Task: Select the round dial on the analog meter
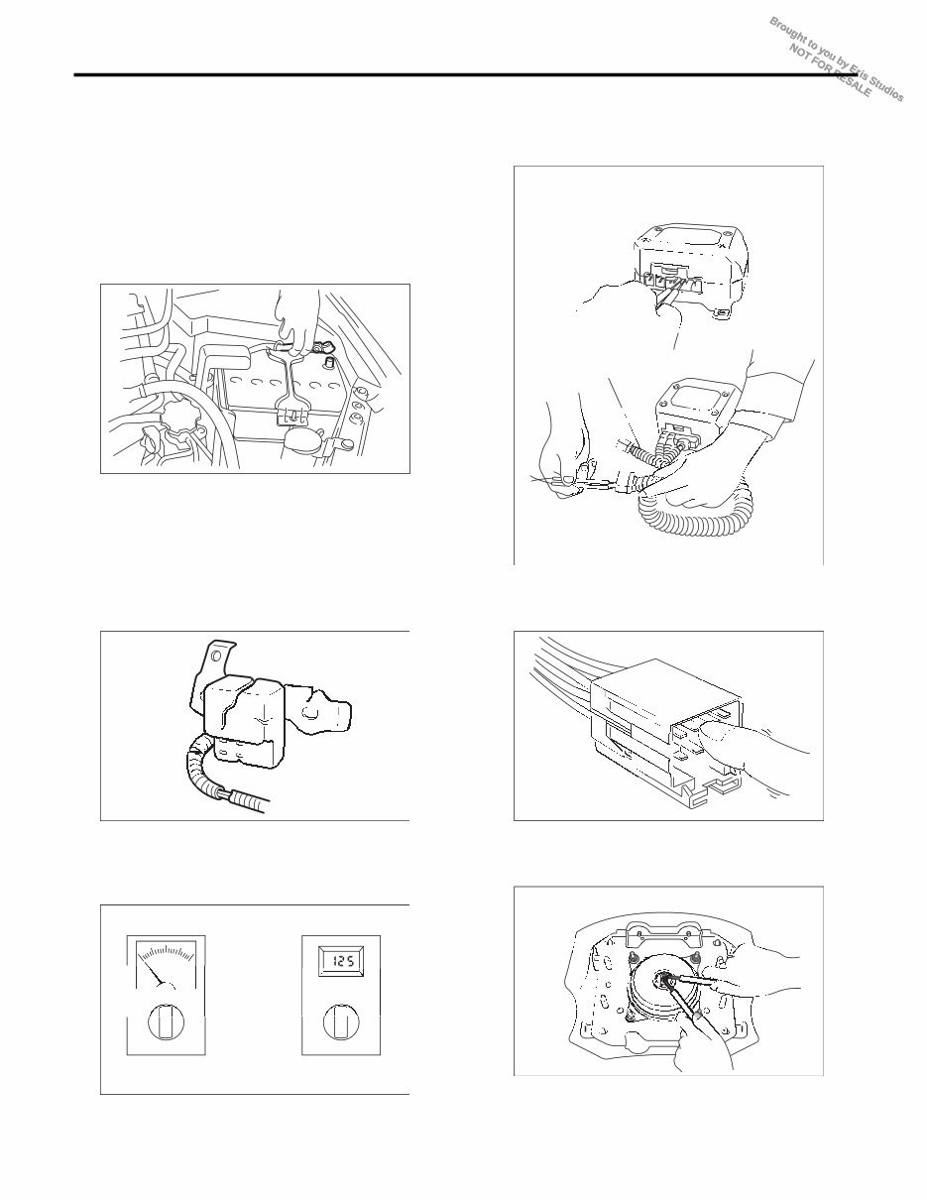tap(166, 1022)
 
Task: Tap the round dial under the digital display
tap(339, 1022)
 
